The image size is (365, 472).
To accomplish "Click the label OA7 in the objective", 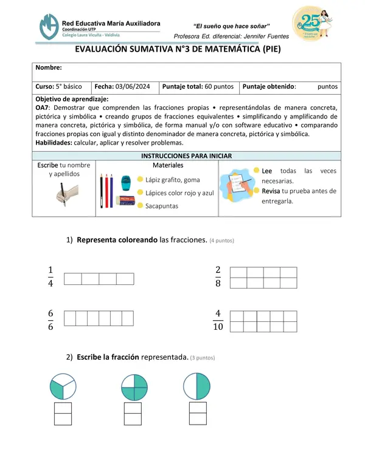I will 43,107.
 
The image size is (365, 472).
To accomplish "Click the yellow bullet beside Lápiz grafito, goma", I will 141,179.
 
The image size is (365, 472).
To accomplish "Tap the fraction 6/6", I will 50,319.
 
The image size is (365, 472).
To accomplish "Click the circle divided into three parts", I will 62,386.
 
